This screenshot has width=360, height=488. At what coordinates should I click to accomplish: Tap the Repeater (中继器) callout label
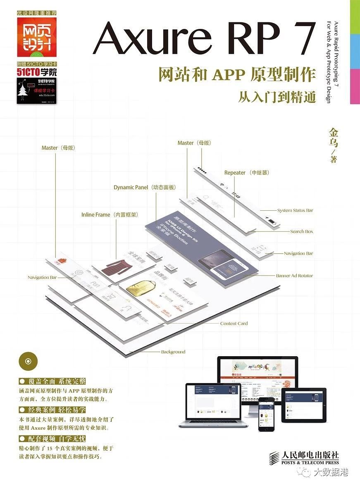click(x=247, y=173)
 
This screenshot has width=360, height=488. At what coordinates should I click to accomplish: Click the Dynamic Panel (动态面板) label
click(x=145, y=187)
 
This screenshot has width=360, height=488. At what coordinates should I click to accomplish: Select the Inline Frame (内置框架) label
click(x=110, y=215)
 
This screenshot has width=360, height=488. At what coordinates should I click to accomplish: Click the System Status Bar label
click(x=295, y=210)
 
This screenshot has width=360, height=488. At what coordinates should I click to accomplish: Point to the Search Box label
click(x=301, y=231)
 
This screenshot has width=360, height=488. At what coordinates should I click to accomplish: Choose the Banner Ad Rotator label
click(x=294, y=276)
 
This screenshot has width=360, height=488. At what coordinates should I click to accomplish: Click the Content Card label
click(x=234, y=324)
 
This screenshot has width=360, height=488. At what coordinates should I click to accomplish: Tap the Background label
click(x=173, y=352)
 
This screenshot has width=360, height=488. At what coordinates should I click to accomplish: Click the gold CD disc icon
click(x=28, y=361)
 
